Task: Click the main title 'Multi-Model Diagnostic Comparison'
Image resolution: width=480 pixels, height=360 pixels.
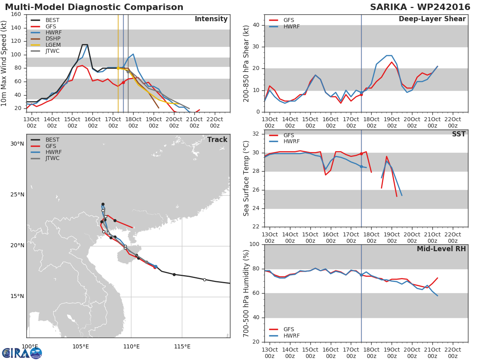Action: coord(94,7)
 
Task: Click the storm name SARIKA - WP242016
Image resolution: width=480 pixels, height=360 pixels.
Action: coord(420,7)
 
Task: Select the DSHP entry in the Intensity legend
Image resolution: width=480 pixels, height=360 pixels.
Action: coord(46,39)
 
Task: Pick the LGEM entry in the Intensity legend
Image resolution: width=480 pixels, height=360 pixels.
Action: coord(46,45)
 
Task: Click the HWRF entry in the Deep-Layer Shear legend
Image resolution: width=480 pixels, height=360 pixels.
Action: coord(284,26)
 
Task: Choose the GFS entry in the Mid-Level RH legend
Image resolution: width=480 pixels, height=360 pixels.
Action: coord(282,329)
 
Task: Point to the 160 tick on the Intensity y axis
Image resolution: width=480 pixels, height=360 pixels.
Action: coord(16,14)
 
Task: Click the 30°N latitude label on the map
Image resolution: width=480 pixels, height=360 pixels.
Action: coord(17,144)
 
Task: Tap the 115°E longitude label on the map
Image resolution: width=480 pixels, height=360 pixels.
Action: coord(182,346)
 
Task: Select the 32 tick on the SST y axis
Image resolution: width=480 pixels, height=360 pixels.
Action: coord(256,134)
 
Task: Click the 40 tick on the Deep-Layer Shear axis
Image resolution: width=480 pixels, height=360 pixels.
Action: coord(256,25)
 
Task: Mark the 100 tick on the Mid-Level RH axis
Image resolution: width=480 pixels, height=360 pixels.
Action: coord(254,244)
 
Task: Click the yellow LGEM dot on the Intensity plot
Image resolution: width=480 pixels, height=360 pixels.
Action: coord(118,68)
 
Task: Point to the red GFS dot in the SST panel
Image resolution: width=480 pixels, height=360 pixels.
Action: coord(361,154)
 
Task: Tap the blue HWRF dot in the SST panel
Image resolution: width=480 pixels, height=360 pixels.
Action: coord(361,166)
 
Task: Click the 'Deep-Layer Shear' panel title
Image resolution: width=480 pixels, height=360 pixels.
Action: coord(432,19)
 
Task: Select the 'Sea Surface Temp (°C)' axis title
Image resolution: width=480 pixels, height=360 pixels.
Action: coord(246,178)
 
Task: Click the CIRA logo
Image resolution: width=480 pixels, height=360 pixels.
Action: coord(22,352)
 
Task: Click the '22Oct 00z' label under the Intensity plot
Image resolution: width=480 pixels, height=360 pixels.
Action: coord(215,122)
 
